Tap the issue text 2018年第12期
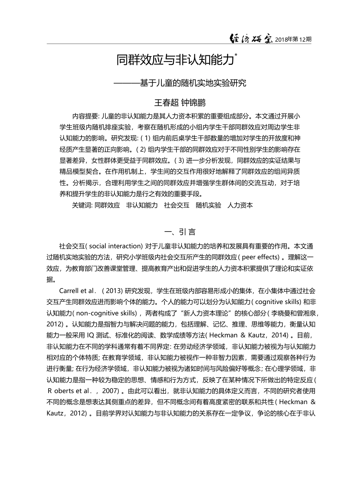(293, 39)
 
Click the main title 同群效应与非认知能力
(174, 60)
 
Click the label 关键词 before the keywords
(81, 205)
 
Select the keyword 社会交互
(177, 205)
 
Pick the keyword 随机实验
(208, 205)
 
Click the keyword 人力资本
(240, 205)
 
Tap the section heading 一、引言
(180, 232)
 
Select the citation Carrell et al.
(77, 291)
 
